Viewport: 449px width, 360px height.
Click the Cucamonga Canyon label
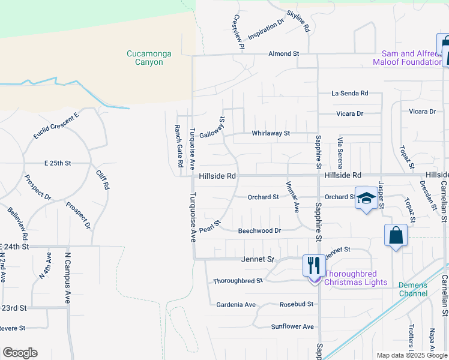pyautogui.click(x=148, y=58)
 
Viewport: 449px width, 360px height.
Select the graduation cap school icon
pyautogui.click(x=365, y=199)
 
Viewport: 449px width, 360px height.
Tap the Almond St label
pyautogui.click(x=283, y=54)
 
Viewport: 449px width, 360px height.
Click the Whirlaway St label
pyautogui.click(x=271, y=133)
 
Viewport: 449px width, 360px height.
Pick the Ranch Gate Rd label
pyautogui.click(x=178, y=146)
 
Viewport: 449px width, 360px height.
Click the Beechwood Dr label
pyautogui.click(x=259, y=230)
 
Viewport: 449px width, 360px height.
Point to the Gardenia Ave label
pyautogui.click(x=236, y=305)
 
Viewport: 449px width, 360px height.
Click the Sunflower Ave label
pyautogui.click(x=292, y=326)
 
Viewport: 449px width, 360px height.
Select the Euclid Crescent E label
pyautogui.click(x=56, y=125)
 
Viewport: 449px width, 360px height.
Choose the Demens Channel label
pyautogui.click(x=413, y=289)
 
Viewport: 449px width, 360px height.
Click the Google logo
pyautogui.click(x=20, y=353)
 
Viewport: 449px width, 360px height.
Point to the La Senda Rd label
pyautogui.click(x=349, y=94)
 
